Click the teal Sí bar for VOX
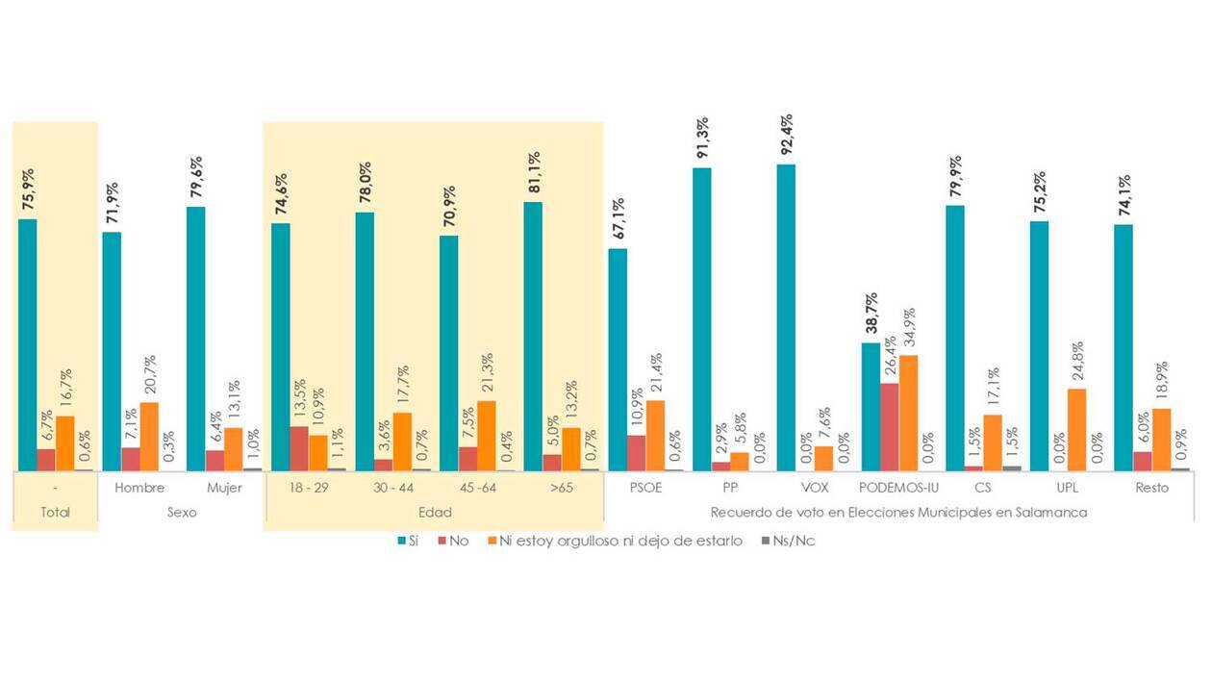(x=786, y=317)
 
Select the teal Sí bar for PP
(x=701, y=319)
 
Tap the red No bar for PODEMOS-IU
(x=889, y=427)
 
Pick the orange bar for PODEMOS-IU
(x=908, y=413)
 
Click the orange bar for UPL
(x=1076, y=430)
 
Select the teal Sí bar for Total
(x=27, y=344)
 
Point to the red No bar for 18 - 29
(x=299, y=448)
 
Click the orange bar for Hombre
(x=149, y=437)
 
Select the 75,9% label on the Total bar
(x=27, y=191)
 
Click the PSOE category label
(x=645, y=488)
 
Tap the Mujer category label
(x=224, y=488)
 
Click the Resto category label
(x=1150, y=488)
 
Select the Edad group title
(x=434, y=513)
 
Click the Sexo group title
(x=182, y=513)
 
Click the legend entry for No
(x=452, y=541)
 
